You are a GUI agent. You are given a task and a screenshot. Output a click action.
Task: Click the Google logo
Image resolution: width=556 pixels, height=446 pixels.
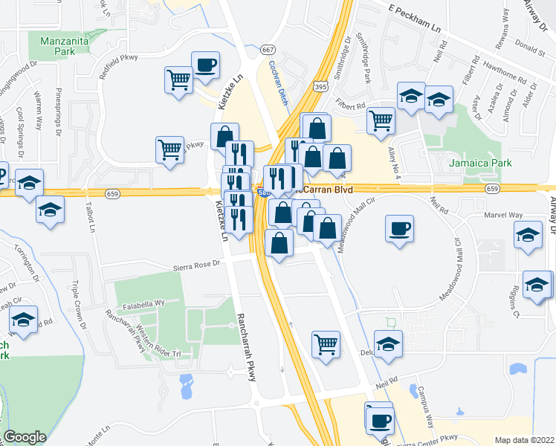point(25,436)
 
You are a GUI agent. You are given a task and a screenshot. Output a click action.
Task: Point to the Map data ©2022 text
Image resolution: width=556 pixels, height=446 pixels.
point(523,439)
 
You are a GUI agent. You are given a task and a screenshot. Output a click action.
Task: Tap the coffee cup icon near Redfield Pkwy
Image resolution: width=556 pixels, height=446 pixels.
point(204,65)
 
